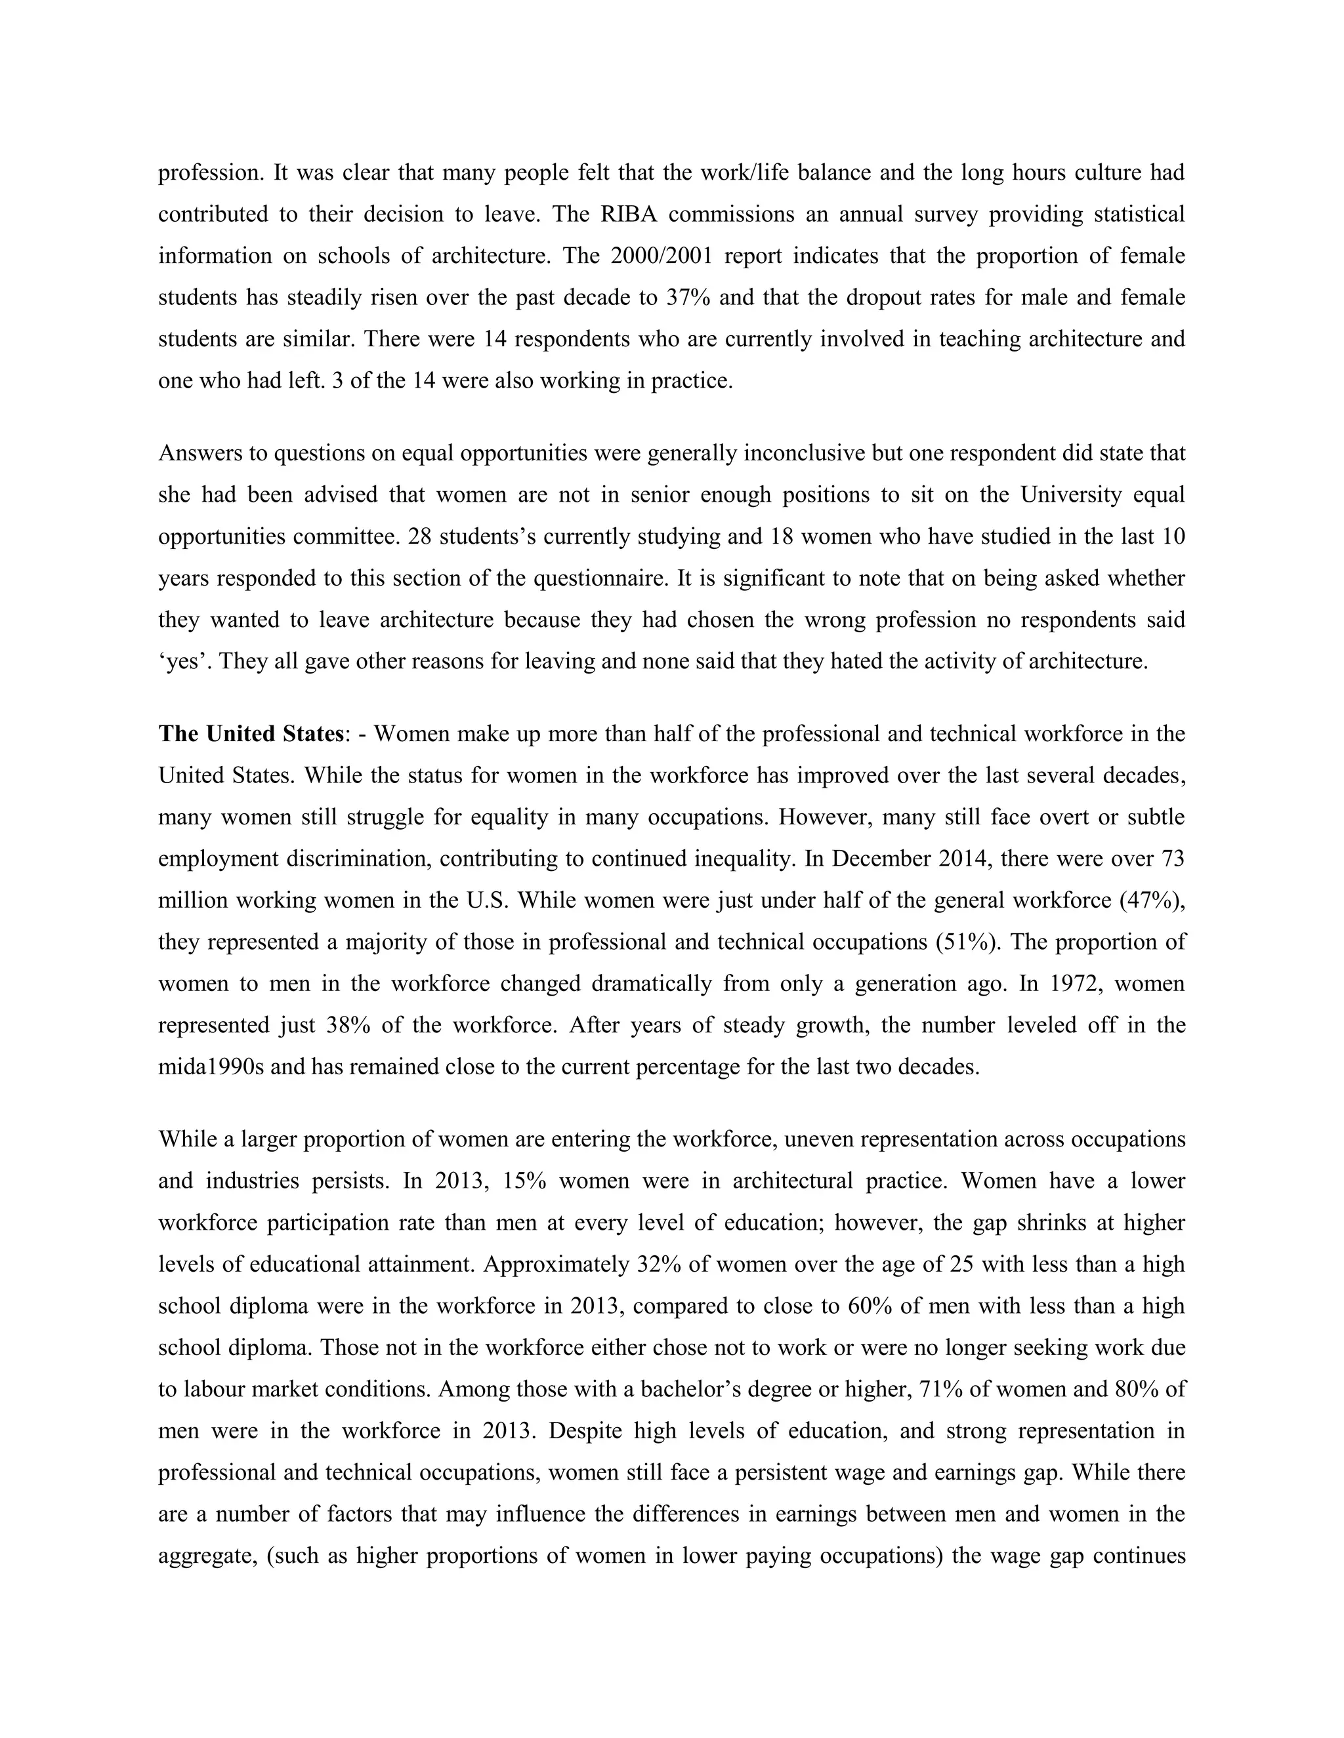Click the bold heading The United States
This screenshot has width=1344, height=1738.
pos(251,734)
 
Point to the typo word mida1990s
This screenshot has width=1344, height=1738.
pos(210,1066)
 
